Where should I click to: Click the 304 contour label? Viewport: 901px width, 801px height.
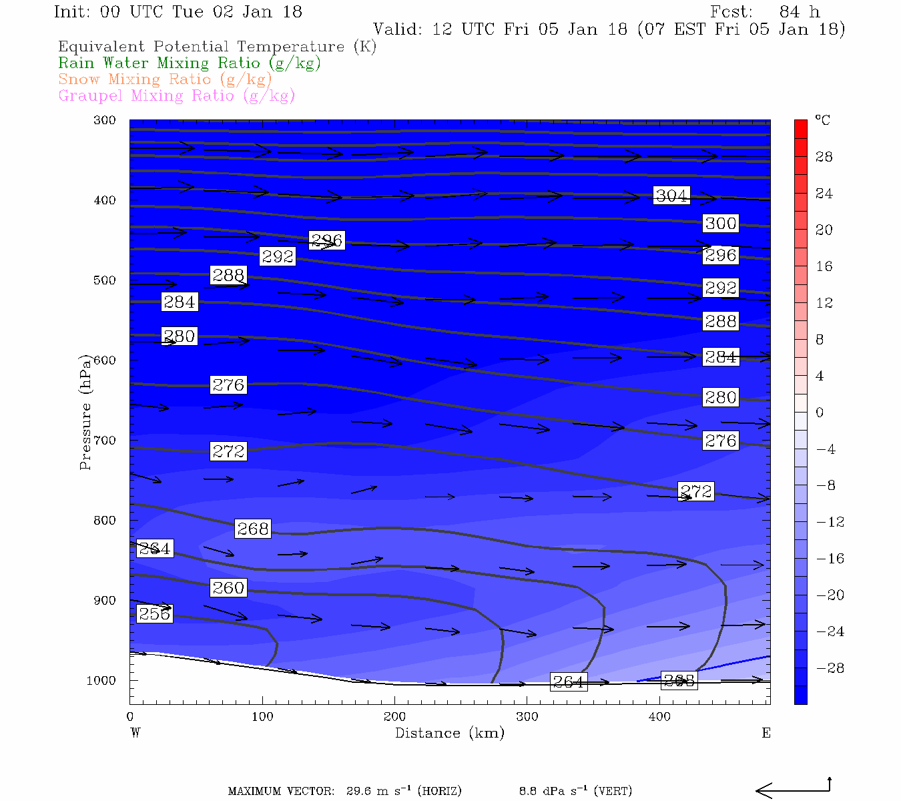[671, 196]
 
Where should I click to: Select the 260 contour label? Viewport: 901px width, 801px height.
[228, 587]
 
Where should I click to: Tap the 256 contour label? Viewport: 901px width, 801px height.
[154, 613]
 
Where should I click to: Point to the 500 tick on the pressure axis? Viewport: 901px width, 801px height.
[105, 280]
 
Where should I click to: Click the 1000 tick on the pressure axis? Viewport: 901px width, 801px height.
[101, 681]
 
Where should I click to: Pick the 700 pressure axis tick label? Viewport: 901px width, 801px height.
[105, 441]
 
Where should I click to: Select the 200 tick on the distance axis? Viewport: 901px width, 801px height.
[394, 716]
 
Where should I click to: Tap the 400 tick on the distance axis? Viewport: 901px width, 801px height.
[659, 716]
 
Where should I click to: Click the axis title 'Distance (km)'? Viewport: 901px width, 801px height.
[449, 733]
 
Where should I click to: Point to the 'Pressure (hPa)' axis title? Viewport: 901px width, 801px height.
[85, 413]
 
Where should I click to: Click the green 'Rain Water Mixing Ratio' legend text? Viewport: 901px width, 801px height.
[190, 63]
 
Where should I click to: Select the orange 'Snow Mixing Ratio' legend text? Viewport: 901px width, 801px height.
[165, 79]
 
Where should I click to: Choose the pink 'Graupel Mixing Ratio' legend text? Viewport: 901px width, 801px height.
[176, 95]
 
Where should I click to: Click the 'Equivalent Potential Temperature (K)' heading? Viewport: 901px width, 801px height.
[217, 46]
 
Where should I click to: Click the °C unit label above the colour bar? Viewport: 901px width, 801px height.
[822, 120]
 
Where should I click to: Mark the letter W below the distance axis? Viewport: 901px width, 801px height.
[135, 733]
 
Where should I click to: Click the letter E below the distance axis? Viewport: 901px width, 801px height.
[766, 733]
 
